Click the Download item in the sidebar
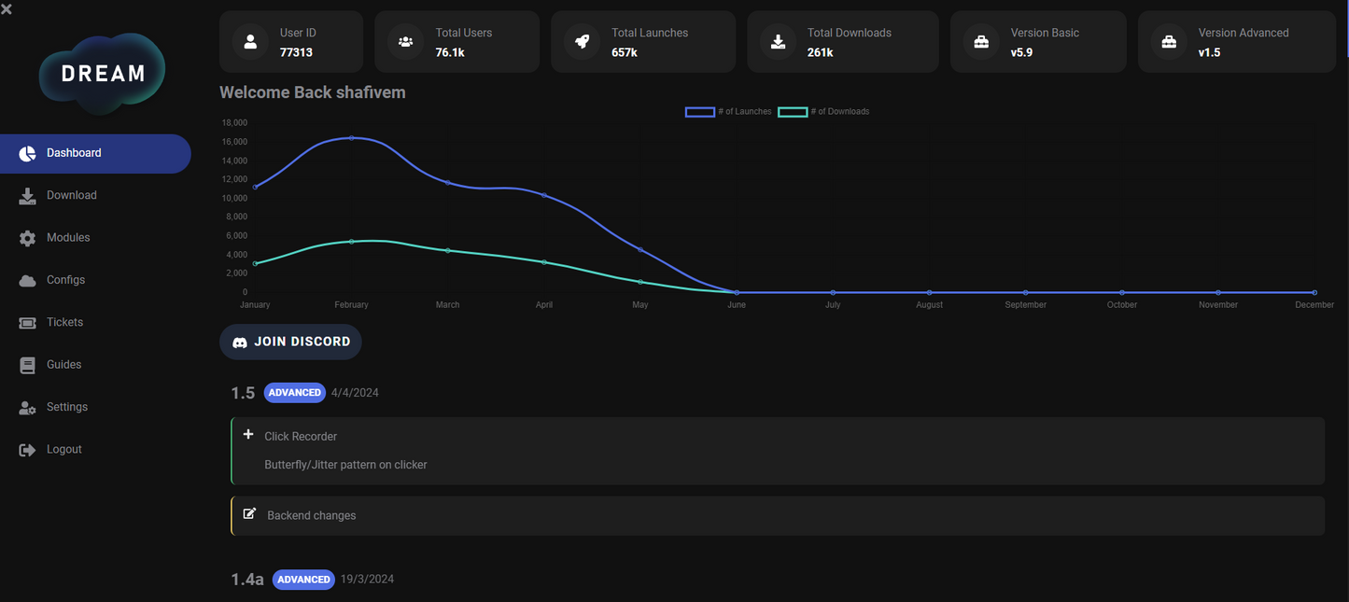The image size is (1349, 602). tap(71, 195)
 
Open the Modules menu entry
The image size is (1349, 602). tap(68, 238)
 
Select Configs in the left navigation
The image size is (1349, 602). tap(65, 280)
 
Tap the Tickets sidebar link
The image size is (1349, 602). tap(64, 322)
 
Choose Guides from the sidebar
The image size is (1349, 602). tap(63, 365)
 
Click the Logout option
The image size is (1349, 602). tap(63, 450)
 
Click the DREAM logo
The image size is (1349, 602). tap(103, 74)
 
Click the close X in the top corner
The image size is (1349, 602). tap(7, 9)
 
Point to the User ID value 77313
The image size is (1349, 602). tap(296, 52)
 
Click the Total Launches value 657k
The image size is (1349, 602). tap(625, 52)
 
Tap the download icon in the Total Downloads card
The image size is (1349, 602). tap(778, 42)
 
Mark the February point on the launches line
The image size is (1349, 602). tap(351, 138)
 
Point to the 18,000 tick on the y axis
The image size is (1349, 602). tap(234, 123)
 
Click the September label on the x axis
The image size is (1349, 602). tap(1025, 305)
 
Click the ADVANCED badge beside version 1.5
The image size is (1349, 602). tap(294, 393)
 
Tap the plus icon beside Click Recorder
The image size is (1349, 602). tap(248, 435)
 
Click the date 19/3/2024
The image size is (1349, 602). tap(367, 580)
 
